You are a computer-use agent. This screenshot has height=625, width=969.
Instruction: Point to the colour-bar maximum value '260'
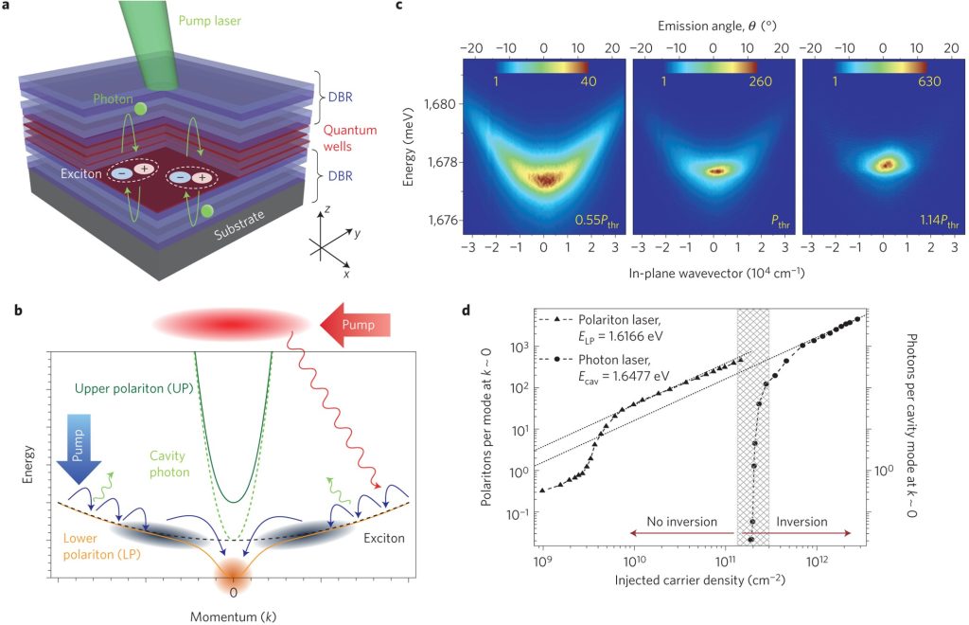click(758, 81)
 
